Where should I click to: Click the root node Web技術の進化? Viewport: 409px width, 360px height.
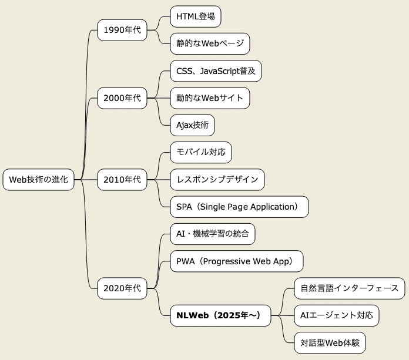point(39,180)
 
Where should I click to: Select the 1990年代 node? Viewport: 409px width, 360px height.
point(122,30)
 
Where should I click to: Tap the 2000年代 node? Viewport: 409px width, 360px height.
point(122,98)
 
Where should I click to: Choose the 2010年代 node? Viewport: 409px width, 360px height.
point(122,180)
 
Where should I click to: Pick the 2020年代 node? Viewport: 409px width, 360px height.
point(122,288)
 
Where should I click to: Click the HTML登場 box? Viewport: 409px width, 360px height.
point(195,16)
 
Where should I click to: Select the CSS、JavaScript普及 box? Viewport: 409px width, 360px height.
point(216,71)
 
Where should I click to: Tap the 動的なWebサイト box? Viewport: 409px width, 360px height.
point(210,98)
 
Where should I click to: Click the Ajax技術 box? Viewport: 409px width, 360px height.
point(192,125)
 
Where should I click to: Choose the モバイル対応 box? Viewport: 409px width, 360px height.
point(200,153)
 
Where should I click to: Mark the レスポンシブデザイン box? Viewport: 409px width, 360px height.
point(217,180)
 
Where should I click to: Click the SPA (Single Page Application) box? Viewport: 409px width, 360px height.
point(239,207)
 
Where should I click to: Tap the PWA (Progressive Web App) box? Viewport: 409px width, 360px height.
point(236,261)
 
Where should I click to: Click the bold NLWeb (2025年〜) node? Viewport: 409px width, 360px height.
point(223,315)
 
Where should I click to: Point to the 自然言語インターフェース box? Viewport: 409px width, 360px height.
point(349,288)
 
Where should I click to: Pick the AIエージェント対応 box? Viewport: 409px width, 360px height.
point(336,315)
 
